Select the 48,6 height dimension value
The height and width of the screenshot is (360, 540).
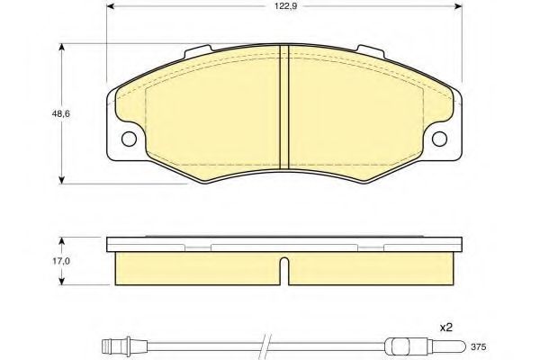coord(60,113)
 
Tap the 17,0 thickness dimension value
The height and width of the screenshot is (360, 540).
coord(60,261)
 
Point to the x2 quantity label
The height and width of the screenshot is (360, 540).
coord(445,328)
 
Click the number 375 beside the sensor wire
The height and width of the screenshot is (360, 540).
coord(479,346)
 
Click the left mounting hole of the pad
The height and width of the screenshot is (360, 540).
coord(129,139)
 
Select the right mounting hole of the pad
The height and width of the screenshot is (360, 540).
coord(440,139)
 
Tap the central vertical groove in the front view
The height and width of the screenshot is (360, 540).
coord(284,107)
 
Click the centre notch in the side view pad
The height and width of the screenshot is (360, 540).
coord(284,272)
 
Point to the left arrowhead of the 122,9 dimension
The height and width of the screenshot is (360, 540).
coord(111,6)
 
